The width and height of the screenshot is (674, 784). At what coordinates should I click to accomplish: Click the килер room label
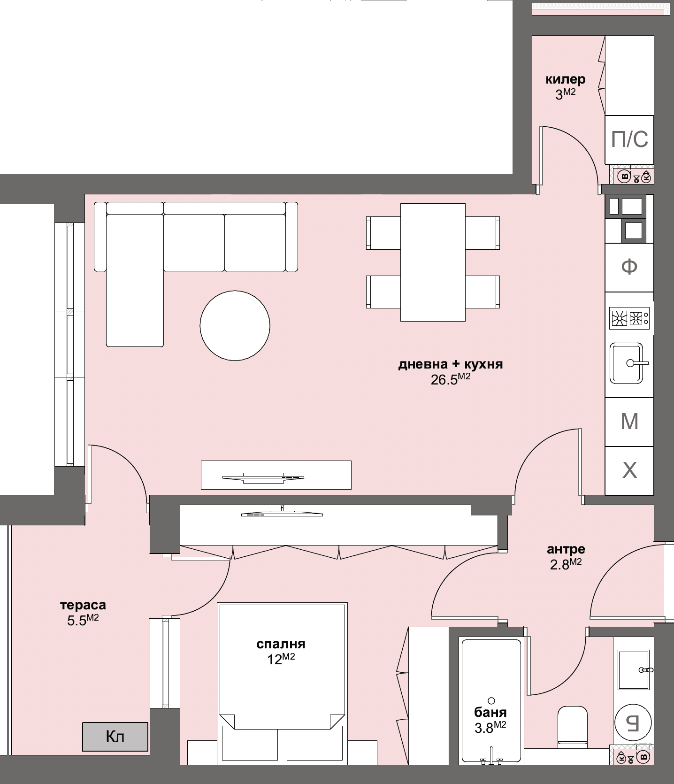tap(565, 79)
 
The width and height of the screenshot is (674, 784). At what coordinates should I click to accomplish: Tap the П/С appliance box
tap(629, 139)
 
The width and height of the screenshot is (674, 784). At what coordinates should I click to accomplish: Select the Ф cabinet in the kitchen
tap(629, 267)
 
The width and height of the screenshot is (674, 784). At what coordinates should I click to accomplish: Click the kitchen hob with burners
tap(629, 318)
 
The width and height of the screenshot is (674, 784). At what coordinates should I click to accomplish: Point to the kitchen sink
tap(626, 363)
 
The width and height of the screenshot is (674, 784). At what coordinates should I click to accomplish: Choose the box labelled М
tap(629, 422)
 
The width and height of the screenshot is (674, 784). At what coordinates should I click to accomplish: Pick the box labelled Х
tap(629, 470)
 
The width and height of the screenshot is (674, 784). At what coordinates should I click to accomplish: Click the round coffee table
tap(235, 325)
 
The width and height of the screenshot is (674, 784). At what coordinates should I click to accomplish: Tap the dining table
tap(432, 262)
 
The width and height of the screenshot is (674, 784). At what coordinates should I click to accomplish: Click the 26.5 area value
tap(444, 380)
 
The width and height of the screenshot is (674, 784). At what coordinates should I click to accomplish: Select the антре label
tap(566, 549)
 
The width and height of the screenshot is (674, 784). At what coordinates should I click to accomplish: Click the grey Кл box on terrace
tap(115, 737)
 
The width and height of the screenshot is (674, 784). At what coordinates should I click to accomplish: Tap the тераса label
tap(83, 605)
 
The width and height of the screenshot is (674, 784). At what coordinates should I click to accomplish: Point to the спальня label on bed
tap(281, 644)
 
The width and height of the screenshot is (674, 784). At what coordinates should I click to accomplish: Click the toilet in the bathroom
tap(572, 727)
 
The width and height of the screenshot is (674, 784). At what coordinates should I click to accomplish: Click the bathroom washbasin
tap(633, 670)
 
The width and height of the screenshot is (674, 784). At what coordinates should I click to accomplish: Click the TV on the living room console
tap(263, 477)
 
